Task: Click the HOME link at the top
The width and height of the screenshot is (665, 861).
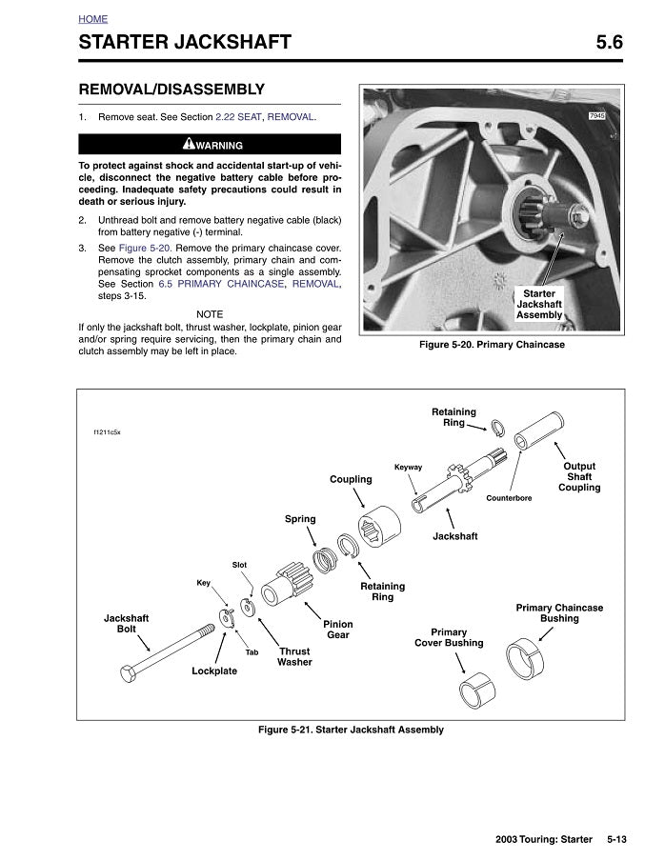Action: (92, 19)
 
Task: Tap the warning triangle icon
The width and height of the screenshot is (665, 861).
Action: (189, 145)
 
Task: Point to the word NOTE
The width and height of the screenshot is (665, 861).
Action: (210, 314)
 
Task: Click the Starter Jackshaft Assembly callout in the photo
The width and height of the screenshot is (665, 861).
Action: (539, 305)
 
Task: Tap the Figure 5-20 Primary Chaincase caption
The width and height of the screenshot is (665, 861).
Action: (492, 345)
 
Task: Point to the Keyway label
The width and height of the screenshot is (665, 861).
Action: (408, 467)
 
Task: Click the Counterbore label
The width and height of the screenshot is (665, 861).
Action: (509, 498)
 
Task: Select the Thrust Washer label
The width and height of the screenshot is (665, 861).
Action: (294, 656)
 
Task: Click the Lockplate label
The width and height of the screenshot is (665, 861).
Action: (214, 671)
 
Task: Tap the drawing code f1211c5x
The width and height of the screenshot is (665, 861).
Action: (107, 431)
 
